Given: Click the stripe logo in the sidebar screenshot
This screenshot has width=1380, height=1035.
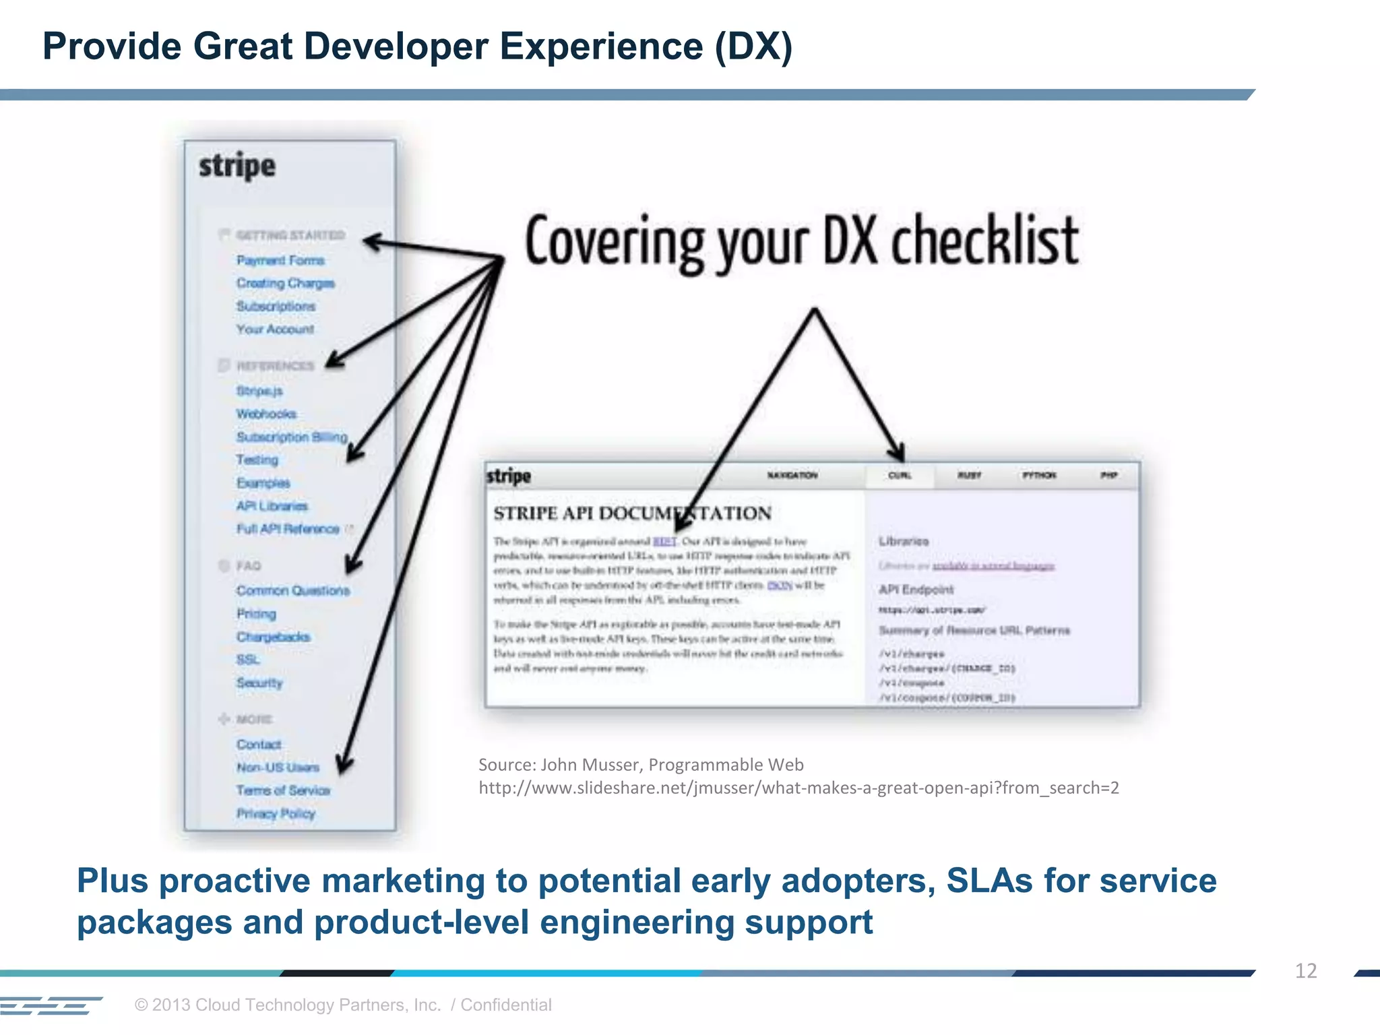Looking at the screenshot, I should pyautogui.click(x=237, y=166).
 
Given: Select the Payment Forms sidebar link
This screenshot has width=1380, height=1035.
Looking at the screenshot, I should pyautogui.click(x=280, y=260).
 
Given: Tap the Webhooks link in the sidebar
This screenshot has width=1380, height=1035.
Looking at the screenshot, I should pyautogui.click(x=266, y=414).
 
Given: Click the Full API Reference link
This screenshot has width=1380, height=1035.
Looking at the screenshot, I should pyautogui.click(x=288, y=529).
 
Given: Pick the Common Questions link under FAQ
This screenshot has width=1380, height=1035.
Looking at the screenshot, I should pyautogui.click(x=293, y=591).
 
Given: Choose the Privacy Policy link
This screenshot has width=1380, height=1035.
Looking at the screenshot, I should pyautogui.click(x=276, y=814).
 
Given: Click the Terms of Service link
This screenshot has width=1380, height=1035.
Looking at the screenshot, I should pyautogui.click(x=283, y=790).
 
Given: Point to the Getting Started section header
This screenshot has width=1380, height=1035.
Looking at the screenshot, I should pyautogui.click(x=290, y=235).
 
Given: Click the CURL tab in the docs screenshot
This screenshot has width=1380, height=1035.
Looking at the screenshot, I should pyautogui.click(x=900, y=476).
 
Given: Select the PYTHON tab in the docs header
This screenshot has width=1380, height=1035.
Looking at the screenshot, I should pyautogui.click(x=1039, y=476).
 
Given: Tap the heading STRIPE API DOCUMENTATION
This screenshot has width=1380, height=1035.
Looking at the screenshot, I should pyautogui.click(x=632, y=513).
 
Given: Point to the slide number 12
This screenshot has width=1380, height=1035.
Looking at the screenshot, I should pyautogui.click(x=1305, y=971).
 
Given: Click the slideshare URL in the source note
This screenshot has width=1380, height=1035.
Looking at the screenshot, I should pyautogui.click(x=798, y=788).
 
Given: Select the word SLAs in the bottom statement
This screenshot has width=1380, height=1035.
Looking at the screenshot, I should pyautogui.click(x=989, y=881).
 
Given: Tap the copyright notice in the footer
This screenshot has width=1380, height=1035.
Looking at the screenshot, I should pyautogui.click(x=343, y=1005).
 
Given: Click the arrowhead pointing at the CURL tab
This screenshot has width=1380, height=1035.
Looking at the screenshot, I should pyautogui.click(x=898, y=453).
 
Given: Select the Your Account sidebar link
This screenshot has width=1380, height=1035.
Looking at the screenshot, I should pyautogui.click(x=275, y=330).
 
